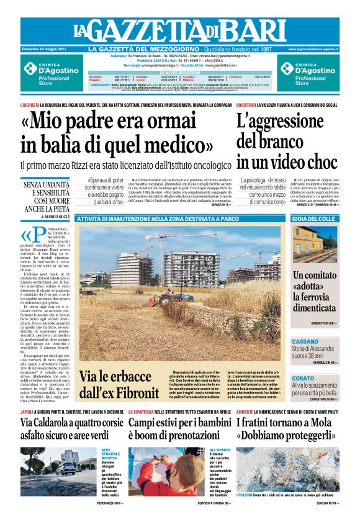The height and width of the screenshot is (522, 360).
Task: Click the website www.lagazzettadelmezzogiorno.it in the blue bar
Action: pos(313,49)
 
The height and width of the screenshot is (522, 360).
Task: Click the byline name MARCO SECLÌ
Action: pos(60,217)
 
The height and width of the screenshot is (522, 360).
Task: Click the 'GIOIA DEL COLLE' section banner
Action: pos(313,219)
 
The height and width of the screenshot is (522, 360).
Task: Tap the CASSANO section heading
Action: pos(305,341)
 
